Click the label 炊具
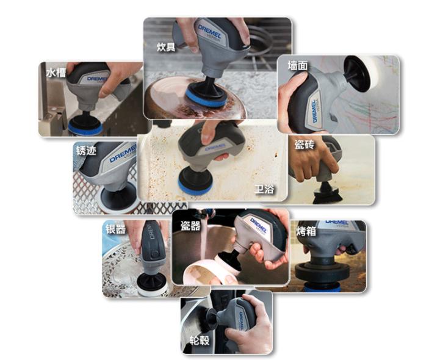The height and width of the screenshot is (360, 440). coord(166,47)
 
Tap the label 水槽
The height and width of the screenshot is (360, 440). coord(56,73)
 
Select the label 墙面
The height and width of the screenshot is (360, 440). coord(298,65)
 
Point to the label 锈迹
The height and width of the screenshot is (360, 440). coord(86,151)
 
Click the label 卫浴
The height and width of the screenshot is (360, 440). coord(264,189)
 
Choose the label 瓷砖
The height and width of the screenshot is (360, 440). coord(305,144)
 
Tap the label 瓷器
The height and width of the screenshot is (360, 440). coord(190,226)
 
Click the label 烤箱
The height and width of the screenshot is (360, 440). coord(306,231)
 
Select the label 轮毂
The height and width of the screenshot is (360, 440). coord(200,340)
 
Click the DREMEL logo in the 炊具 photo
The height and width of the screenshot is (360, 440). coord(209,32)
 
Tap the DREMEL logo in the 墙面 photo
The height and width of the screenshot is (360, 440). coord(314,111)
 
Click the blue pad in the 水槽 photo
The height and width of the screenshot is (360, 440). coord(85,129)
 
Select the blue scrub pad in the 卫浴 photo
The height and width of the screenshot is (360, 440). coord(195,187)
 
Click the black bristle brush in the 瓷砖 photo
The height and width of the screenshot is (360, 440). coord(328,196)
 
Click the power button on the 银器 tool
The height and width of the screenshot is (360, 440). coord(154,255)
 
